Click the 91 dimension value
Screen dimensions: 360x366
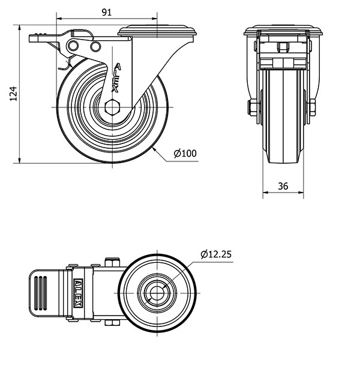pos(107,12)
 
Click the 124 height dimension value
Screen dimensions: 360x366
pos(14,94)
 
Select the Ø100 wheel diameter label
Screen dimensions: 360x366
pos(185,154)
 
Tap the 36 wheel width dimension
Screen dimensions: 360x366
pos(283,186)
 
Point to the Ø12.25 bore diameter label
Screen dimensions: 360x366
pos(216,254)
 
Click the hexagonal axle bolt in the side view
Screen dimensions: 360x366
pos(112,107)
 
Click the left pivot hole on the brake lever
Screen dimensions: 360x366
pos(73,45)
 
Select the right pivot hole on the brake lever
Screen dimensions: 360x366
pos(95,46)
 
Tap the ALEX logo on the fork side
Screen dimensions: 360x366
pos(116,78)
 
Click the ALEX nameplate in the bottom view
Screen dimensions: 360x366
pos(78,293)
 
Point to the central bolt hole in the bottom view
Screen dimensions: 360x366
pos(157,293)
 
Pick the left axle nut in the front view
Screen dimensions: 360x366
pos(252,107)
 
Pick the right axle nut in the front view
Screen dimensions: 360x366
pos(312,107)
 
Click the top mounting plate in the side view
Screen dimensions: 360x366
pos(157,32)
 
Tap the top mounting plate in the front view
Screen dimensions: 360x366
pos(283,30)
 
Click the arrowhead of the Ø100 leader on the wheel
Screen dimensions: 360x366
pos(154,149)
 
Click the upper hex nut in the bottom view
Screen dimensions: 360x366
pos(112,262)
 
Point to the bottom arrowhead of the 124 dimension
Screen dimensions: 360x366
pos(20,160)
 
